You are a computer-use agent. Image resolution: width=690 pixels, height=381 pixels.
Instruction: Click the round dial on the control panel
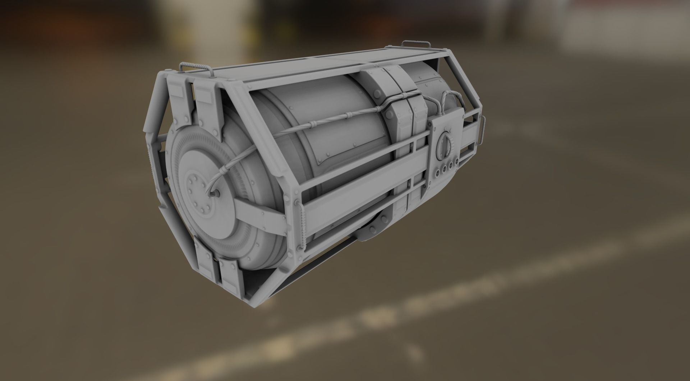point(444,146)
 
